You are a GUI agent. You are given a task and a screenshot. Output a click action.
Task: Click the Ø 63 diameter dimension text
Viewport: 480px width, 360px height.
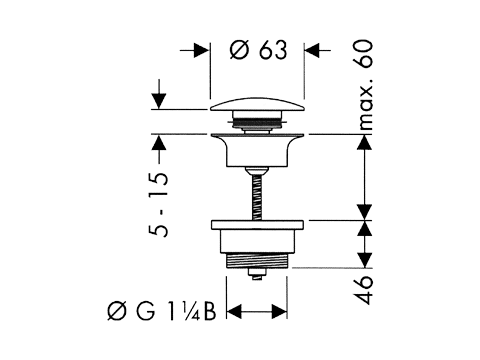(x=258, y=50)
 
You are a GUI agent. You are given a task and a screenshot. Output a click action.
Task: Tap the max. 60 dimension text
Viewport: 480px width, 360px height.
(x=366, y=85)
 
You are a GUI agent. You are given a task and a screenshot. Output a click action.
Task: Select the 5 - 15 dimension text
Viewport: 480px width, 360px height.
(x=159, y=204)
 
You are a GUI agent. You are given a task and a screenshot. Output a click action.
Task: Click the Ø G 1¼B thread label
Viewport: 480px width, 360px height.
(x=162, y=312)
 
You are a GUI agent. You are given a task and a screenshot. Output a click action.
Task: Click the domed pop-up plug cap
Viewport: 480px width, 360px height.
(x=257, y=104)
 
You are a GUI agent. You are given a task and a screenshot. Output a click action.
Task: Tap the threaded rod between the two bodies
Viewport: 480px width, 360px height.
(x=256, y=197)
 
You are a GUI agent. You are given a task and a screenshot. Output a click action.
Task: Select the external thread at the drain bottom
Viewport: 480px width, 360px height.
(x=256, y=260)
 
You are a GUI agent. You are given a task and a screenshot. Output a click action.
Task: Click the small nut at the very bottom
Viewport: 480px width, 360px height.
(x=256, y=274)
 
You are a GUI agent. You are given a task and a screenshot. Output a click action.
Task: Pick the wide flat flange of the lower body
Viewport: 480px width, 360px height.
(x=257, y=225)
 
